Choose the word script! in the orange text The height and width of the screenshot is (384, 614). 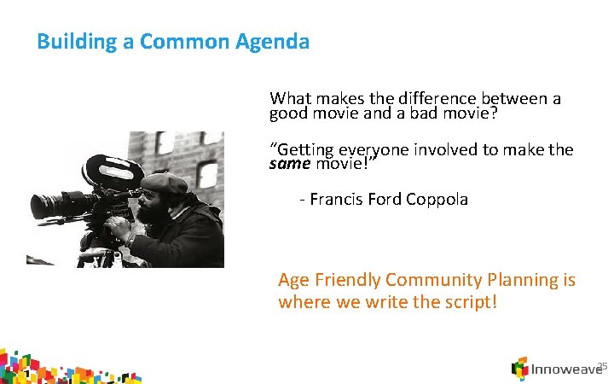coord(466,302)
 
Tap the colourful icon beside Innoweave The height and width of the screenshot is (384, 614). coord(519,369)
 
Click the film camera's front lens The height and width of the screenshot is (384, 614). coord(41,206)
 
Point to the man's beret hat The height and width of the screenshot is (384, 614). coord(165,182)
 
